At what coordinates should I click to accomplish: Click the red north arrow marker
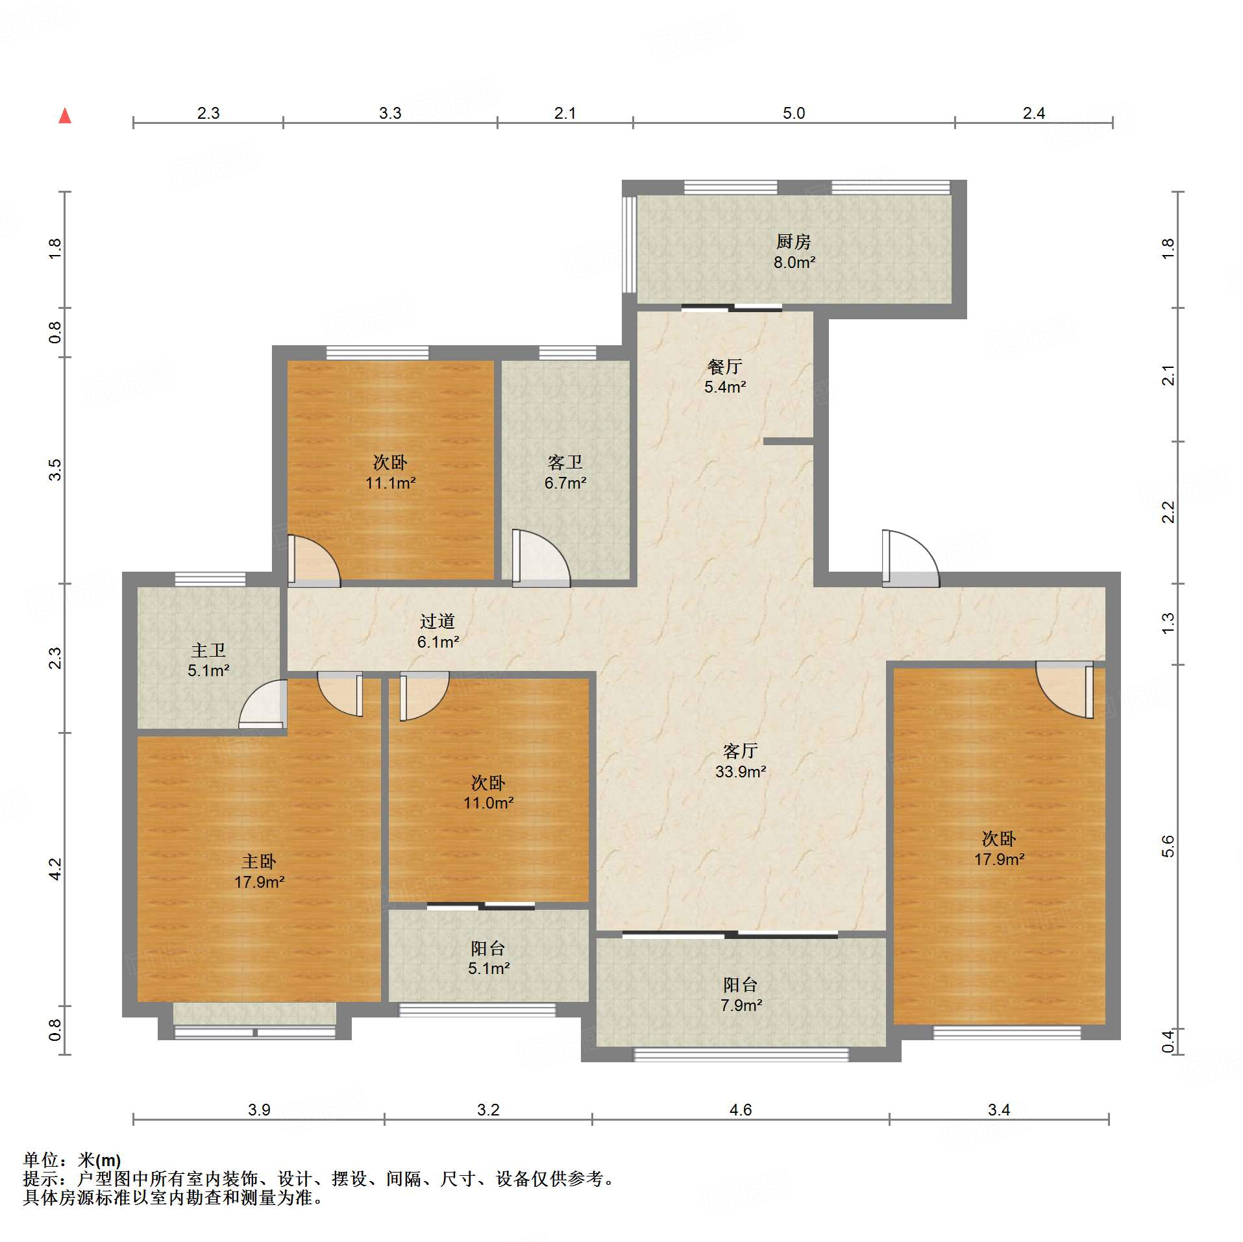point(65,116)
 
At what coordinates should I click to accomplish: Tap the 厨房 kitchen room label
point(794,252)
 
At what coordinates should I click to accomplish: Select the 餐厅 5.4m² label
point(725,377)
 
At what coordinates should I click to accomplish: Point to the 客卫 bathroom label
point(565,472)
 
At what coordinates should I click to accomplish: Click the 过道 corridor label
point(438,631)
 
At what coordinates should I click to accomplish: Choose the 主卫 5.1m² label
point(208,660)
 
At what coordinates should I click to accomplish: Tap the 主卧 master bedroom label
point(260,871)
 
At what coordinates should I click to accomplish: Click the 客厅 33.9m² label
point(741,761)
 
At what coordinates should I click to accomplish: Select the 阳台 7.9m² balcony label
point(741,995)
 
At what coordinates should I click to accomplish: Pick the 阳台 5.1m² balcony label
point(488,958)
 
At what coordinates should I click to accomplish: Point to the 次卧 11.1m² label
point(390,472)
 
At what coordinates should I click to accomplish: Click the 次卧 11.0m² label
point(488,792)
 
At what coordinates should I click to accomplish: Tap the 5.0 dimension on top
point(793,113)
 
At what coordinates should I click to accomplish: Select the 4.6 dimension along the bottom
point(740,1110)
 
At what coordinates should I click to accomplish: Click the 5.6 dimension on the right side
point(1168,846)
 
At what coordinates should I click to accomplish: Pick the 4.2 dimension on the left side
point(56,869)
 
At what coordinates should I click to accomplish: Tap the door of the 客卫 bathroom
point(541,558)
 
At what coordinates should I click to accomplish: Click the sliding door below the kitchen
point(732,308)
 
